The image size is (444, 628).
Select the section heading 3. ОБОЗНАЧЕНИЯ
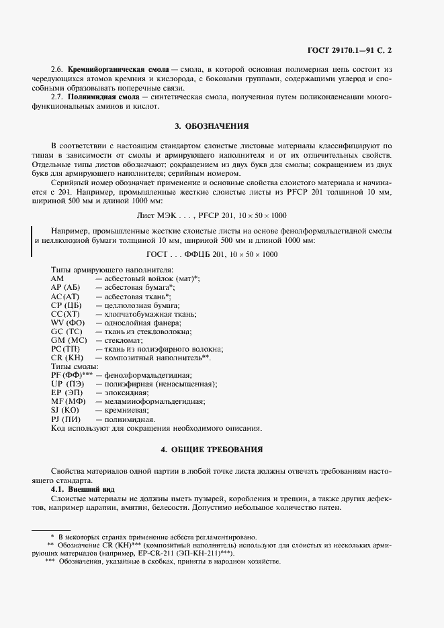(x=212, y=125)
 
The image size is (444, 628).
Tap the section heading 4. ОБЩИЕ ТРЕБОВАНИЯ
(x=212, y=448)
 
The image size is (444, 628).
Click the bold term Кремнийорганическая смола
(x=109, y=69)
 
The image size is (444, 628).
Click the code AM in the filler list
(x=57, y=278)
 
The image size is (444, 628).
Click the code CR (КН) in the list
(x=66, y=358)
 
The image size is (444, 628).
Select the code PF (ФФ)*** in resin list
(x=71, y=375)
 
